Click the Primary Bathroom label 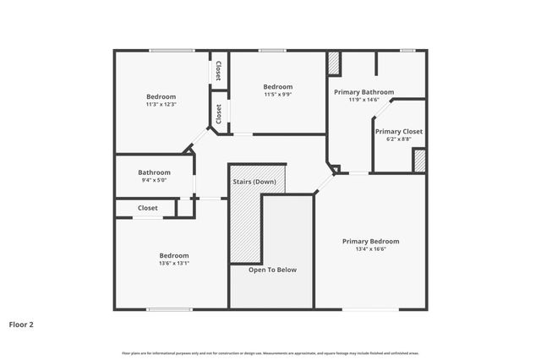tap(363, 91)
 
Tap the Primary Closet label tap(399, 131)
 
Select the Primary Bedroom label tap(370, 241)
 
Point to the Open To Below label tap(272, 270)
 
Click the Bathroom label tap(155, 172)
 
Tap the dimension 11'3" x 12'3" tap(161, 105)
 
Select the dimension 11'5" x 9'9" tap(277, 95)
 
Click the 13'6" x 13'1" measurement tap(174, 263)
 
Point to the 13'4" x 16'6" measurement tap(370, 249)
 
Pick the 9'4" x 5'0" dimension tap(155, 180)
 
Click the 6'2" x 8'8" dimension tap(399, 139)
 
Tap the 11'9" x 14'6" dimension tap(363, 100)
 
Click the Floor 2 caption tap(21, 324)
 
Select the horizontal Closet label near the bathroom tap(148, 207)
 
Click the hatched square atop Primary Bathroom tap(334, 63)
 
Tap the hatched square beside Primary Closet tap(419, 161)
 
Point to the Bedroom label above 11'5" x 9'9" tap(277, 86)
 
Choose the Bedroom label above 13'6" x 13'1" tap(174, 254)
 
